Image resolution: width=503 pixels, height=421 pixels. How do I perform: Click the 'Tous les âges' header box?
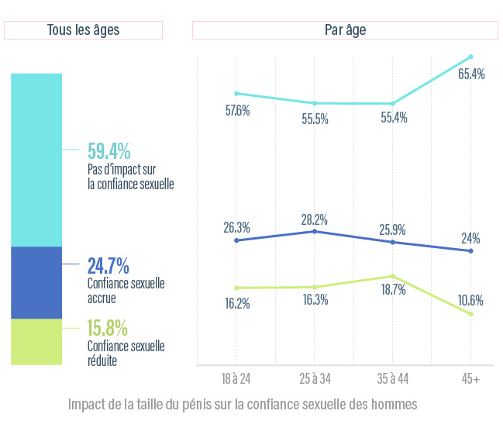[83, 30]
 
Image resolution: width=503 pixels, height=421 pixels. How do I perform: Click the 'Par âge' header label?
[345, 30]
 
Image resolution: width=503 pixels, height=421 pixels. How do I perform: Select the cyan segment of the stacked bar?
[36, 160]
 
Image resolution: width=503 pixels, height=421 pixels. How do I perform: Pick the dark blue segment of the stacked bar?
[36, 283]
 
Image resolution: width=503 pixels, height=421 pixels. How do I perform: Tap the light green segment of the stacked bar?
[36, 341]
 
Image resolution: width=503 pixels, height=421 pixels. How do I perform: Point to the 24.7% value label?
[108, 266]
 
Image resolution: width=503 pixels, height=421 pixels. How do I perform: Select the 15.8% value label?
[108, 329]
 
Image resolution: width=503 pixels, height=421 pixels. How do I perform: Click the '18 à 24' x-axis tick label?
[236, 378]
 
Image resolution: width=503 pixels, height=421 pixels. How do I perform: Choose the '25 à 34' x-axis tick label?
[315, 378]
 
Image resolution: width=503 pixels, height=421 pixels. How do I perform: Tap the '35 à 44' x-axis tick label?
[393, 378]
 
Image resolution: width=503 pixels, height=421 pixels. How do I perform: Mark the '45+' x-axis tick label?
[470, 378]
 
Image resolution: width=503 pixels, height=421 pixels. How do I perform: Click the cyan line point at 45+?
[471, 57]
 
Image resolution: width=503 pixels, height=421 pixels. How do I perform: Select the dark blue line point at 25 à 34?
[315, 231]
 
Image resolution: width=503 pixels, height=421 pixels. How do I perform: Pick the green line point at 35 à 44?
[393, 276]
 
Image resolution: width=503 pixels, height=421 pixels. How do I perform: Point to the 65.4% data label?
[471, 74]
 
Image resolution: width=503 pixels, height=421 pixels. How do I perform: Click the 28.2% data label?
[315, 219]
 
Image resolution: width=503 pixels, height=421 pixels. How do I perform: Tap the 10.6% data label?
[470, 301]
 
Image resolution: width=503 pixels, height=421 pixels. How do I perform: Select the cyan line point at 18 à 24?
[236, 93]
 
